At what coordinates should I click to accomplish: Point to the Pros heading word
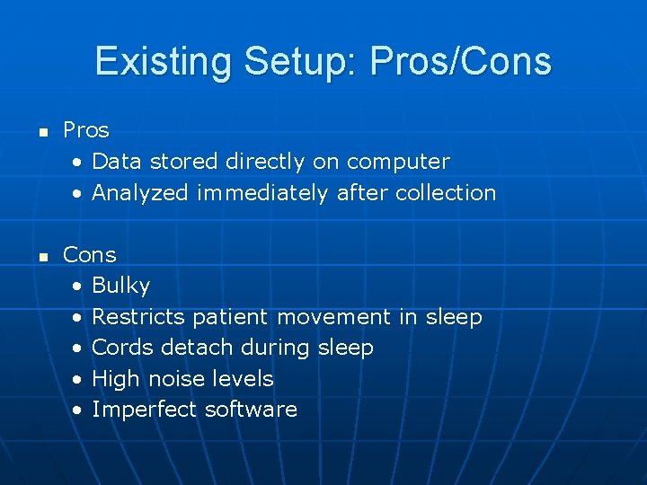(x=86, y=130)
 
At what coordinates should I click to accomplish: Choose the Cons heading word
(x=90, y=255)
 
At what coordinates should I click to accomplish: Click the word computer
(x=398, y=162)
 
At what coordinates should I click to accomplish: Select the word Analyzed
(x=140, y=193)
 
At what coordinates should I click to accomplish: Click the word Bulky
(x=121, y=287)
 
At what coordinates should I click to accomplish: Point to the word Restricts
(x=138, y=317)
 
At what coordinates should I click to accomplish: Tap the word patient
(x=230, y=317)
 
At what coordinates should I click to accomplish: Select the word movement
(x=334, y=317)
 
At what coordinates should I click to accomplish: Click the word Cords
(x=120, y=348)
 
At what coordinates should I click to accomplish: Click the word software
(x=251, y=410)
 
